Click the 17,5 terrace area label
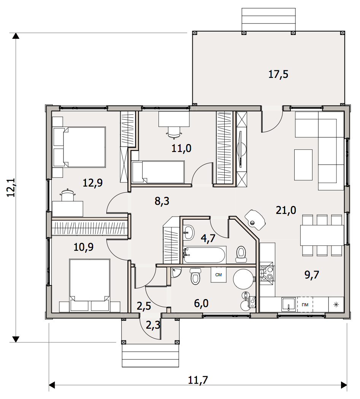(278, 74)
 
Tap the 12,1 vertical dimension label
(11, 188)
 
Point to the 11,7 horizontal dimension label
(198, 380)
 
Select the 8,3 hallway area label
(162, 201)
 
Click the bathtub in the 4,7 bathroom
(204, 255)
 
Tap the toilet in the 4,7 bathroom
(241, 254)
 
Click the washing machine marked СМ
(219, 275)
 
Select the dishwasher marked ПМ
(305, 304)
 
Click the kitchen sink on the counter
(289, 304)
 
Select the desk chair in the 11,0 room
(174, 132)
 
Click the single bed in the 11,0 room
(158, 172)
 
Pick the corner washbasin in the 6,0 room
(176, 272)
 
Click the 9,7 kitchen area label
(312, 275)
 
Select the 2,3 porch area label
(153, 325)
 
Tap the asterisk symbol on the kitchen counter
(336, 304)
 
